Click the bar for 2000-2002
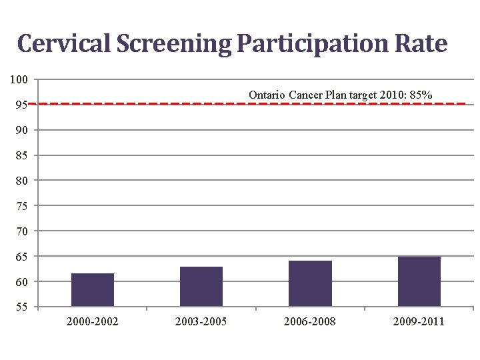pos(93,290)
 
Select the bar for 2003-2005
pos(201,287)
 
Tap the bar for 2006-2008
pos(310,283)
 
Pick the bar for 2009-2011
pos(419,281)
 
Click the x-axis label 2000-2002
pos(93,322)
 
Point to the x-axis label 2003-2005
pos(201,322)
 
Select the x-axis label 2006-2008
pos(310,322)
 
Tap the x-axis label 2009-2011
pos(419,322)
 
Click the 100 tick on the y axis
pos(19,80)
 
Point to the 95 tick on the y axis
pos(22,105)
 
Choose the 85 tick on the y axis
pos(22,156)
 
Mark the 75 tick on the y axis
pos(22,207)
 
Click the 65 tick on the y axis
pos(22,257)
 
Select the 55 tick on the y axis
pos(22,307)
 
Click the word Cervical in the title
pos(65,44)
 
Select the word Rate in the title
pos(420,44)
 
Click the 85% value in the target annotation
pos(421,95)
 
